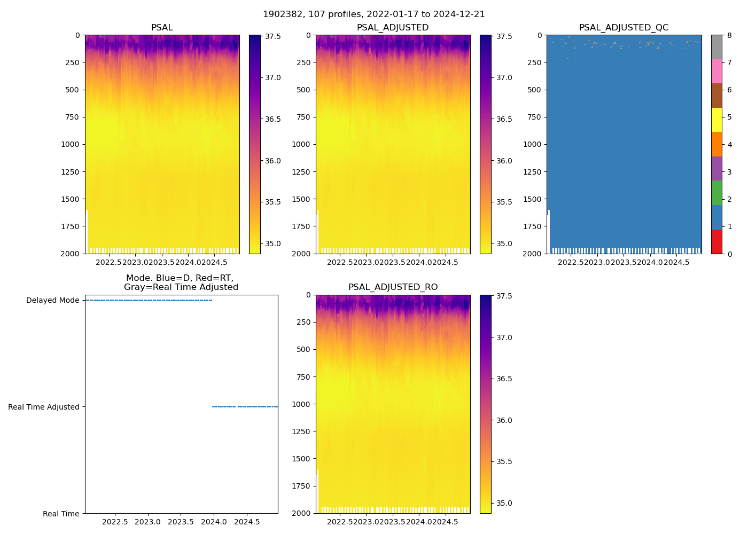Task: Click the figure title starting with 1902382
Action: click(x=374, y=14)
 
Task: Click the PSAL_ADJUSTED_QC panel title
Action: click(x=624, y=28)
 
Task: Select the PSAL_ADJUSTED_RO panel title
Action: click(x=393, y=287)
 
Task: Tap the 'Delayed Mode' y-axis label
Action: click(x=52, y=300)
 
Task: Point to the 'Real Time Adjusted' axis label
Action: click(x=43, y=407)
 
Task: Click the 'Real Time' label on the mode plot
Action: click(x=61, y=514)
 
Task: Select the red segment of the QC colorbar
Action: click(x=716, y=241)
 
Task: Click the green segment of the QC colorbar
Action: click(x=716, y=193)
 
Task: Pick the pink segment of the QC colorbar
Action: click(x=716, y=71)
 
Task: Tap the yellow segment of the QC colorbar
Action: click(x=716, y=120)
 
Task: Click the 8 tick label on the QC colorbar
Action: click(x=729, y=36)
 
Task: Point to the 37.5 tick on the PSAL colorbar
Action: click(x=272, y=36)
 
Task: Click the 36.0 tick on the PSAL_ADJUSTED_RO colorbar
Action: click(x=504, y=420)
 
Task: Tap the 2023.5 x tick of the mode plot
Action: click(x=181, y=522)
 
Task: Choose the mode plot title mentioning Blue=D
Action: click(x=181, y=282)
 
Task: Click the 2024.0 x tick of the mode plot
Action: click(x=214, y=522)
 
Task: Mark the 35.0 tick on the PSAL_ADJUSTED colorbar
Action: click(x=504, y=244)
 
